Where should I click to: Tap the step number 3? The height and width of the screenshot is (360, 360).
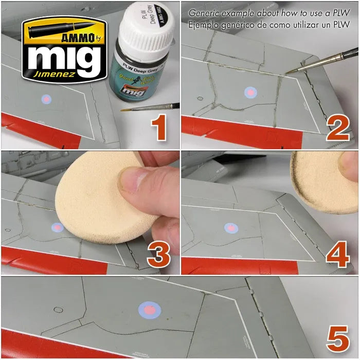[x=159, y=254]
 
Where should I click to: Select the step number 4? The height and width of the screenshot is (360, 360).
[x=338, y=254]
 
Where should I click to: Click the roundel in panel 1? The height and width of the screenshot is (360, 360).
[x=45, y=98]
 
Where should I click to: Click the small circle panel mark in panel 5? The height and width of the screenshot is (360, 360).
[x=58, y=310]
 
